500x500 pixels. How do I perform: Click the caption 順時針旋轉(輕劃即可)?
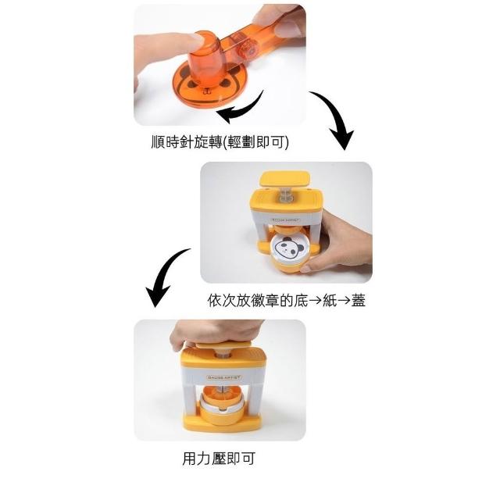(220, 142)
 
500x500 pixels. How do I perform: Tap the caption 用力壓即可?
(219, 459)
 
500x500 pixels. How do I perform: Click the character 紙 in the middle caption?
(330, 300)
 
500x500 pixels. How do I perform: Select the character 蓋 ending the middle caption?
(358, 300)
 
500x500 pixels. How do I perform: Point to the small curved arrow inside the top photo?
(245, 111)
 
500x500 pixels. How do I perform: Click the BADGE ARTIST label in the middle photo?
(285, 220)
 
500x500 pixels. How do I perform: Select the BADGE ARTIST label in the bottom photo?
(224, 377)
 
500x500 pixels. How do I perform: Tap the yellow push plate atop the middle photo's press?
(284, 179)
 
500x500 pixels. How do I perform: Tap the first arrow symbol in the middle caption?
(316, 301)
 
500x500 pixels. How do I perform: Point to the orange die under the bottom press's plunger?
(223, 395)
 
